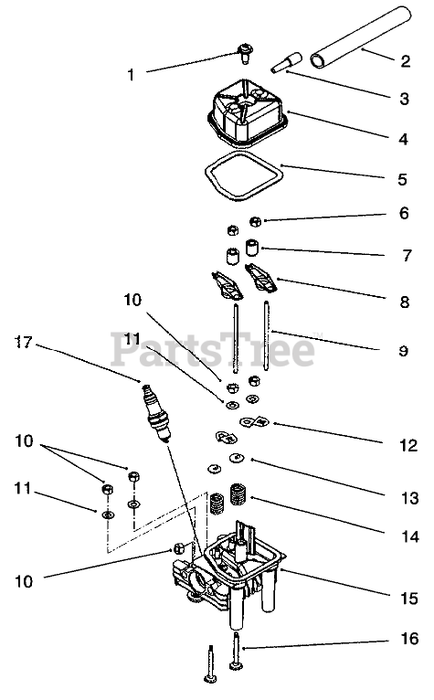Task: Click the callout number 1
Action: (x=131, y=75)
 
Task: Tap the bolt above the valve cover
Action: (x=244, y=54)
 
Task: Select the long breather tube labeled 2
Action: (x=360, y=38)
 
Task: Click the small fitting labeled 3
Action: (x=288, y=62)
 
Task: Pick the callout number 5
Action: (x=402, y=179)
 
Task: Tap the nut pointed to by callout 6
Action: (x=255, y=221)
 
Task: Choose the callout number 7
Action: (x=407, y=255)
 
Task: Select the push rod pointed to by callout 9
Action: (x=267, y=335)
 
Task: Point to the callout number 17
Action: (x=24, y=343)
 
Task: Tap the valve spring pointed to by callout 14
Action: (x=238, y=494)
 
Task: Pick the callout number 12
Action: (x=408, y=445)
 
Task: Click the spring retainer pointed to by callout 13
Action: (x=237, y=458)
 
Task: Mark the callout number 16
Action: (x=409, y=639)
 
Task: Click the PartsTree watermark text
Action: (x=213, y=348)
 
